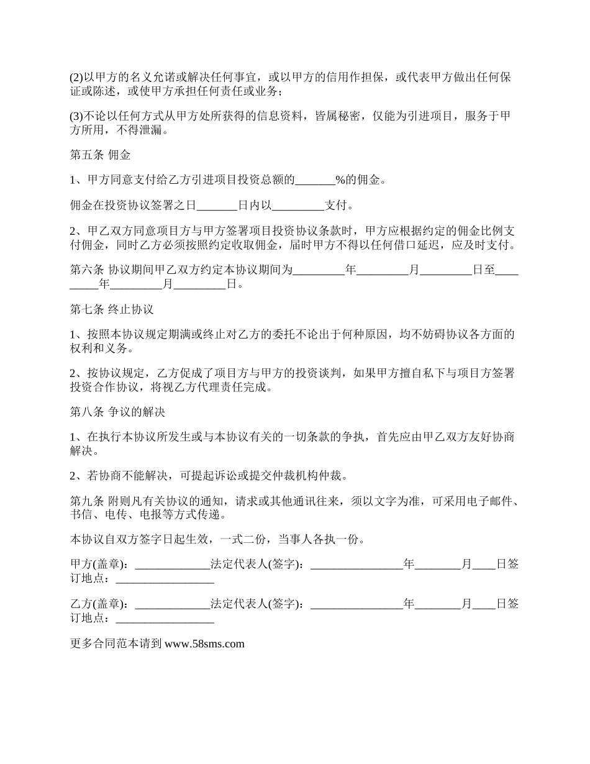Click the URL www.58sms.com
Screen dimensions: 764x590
pos(204,644)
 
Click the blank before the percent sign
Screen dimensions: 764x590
pos(315,180)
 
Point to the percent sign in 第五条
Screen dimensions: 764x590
pos(340,180)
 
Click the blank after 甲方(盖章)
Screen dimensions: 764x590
pos(172,565)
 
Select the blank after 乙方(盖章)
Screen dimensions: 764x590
pos(172,604)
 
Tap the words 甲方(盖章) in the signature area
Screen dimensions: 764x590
pos(99,565)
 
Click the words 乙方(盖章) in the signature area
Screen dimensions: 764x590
pos(99,604)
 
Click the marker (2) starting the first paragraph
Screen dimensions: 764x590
pos(76,78)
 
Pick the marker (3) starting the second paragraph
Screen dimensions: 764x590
pos(76,117)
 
